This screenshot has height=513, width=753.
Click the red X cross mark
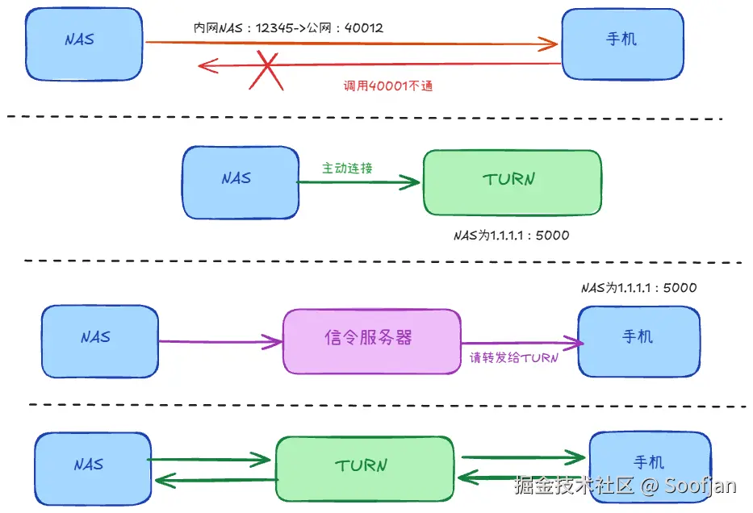266,70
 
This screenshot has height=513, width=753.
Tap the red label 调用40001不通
388,85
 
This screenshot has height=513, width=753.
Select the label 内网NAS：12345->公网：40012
288,28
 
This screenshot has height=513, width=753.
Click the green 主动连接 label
347,168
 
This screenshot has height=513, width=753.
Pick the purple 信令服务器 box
372,341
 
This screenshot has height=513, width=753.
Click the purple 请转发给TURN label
514,357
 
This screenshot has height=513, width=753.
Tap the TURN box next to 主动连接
512,183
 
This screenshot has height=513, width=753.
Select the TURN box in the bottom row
365,469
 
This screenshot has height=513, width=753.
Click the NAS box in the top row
84,44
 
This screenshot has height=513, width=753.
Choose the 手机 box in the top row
623,44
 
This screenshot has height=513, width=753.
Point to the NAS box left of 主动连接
241,183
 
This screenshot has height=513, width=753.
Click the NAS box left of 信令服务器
100,341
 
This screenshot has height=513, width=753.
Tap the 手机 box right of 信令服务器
638,341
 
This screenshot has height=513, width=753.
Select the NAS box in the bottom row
93,469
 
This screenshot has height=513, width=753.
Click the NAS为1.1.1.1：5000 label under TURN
512,236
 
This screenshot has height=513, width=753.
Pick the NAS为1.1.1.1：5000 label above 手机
638,287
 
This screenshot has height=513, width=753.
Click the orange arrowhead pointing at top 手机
549,44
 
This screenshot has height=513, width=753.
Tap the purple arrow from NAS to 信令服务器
220,342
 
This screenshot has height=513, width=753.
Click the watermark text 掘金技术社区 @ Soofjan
625,485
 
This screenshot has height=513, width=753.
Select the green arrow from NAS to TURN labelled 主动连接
358,182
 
